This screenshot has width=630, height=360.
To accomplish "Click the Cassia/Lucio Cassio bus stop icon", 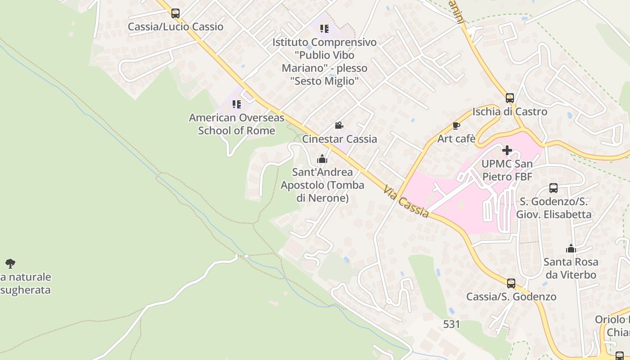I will (175, 13).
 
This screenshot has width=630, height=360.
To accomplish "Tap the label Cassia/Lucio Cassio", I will (175, 27).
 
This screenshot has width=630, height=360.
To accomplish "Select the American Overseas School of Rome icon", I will (237, 104).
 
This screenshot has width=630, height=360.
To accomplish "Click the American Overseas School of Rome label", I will (237, 124).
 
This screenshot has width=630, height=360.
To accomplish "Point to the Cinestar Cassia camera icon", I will (339, 125).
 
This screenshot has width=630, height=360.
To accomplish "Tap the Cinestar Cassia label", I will (339, 139).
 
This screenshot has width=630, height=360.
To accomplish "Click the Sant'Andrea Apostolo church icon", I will (322, 159).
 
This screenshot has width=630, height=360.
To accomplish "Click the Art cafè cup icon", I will (456, 126).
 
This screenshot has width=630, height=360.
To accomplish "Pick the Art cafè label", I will (456, 139).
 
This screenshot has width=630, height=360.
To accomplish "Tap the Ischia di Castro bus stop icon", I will (509, 98).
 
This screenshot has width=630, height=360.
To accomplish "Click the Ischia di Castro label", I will (509, 112).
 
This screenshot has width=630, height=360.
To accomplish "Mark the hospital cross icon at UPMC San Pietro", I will (507, 150).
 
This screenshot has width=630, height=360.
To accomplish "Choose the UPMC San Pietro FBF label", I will (507, 170).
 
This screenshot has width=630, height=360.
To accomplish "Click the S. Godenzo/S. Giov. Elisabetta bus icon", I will (553, 188).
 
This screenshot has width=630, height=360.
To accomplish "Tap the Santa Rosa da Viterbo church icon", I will (571, 248).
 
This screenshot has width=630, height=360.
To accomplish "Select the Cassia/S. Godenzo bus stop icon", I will (511, 283).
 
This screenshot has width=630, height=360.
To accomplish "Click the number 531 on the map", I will (451, 324).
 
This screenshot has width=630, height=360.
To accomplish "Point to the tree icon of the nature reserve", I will (10, 263).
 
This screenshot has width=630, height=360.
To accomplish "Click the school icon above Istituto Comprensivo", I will (324, 29).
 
